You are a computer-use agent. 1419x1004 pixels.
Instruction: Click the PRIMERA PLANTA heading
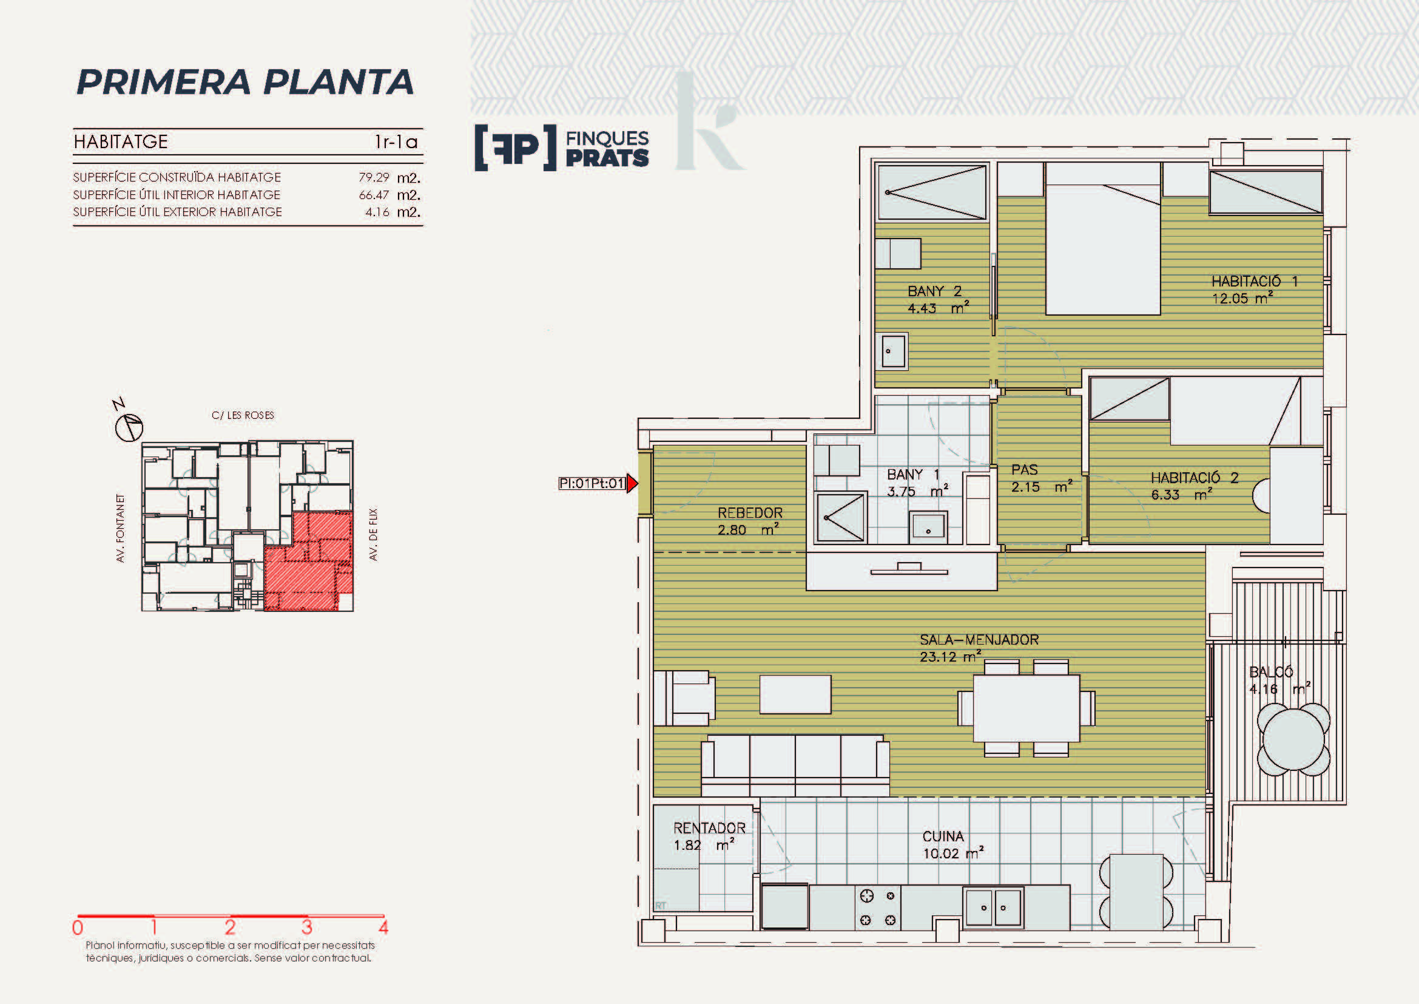[x=244, y=82]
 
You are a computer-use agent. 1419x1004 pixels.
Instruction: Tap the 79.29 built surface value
[x=374, y=177]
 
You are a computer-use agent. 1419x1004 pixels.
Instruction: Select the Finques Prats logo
[x=562, y=148]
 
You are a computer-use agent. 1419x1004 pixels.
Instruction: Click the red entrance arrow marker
[x=632, y=483]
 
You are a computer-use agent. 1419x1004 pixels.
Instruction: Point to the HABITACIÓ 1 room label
[x=1254, y=281]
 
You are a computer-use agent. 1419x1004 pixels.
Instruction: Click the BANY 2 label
[x=934, y=291]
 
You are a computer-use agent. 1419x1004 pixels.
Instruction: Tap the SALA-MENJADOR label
[x=979, y=640]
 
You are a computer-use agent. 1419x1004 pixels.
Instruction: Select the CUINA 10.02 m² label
[x=952, y=845]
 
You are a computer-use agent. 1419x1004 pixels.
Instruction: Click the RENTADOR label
[x=710, y=829]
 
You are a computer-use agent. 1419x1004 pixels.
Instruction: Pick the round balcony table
[x=1293, y=740]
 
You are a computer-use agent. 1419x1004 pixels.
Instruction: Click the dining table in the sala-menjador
[x=1026, y=708]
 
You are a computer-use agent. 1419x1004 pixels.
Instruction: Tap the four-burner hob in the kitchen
[x=878, y=907]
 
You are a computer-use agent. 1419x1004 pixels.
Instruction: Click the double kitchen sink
[x=993, y=907]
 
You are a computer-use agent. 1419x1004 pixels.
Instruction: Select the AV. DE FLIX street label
[x=373, y=534]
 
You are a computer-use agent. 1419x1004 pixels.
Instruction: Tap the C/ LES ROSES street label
[x=243, y=415]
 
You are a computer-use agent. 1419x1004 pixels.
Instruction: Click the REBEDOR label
[x=750, y=513]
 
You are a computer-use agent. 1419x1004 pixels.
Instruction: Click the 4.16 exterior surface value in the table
[x=377, y=212]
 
